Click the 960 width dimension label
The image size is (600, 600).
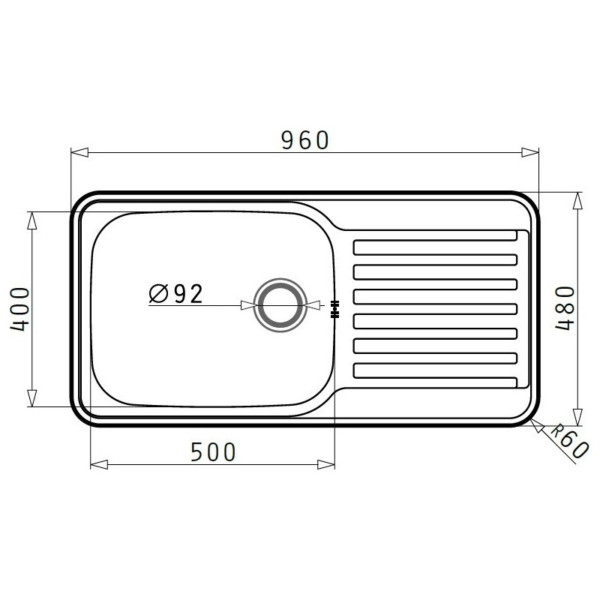pyautogui.click(x=305, y=140)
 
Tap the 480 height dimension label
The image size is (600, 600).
pyautogui.click(x=565, y=308)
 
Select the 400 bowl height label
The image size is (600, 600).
pyautogui.click(x=19, y=309)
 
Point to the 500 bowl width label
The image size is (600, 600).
pyautogui.click(x=213, y=452)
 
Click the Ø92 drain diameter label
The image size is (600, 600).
pyautogui.click(x=175, y=293)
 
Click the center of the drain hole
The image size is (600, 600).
pyautogui.click(x=280, y=305)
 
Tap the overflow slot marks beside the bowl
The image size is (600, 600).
pyautogui.click(x=334, y=309)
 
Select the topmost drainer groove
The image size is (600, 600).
pyautogui.click(x=436, y=247)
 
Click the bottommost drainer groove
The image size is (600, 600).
pyautogui.click(x=436, y=370)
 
